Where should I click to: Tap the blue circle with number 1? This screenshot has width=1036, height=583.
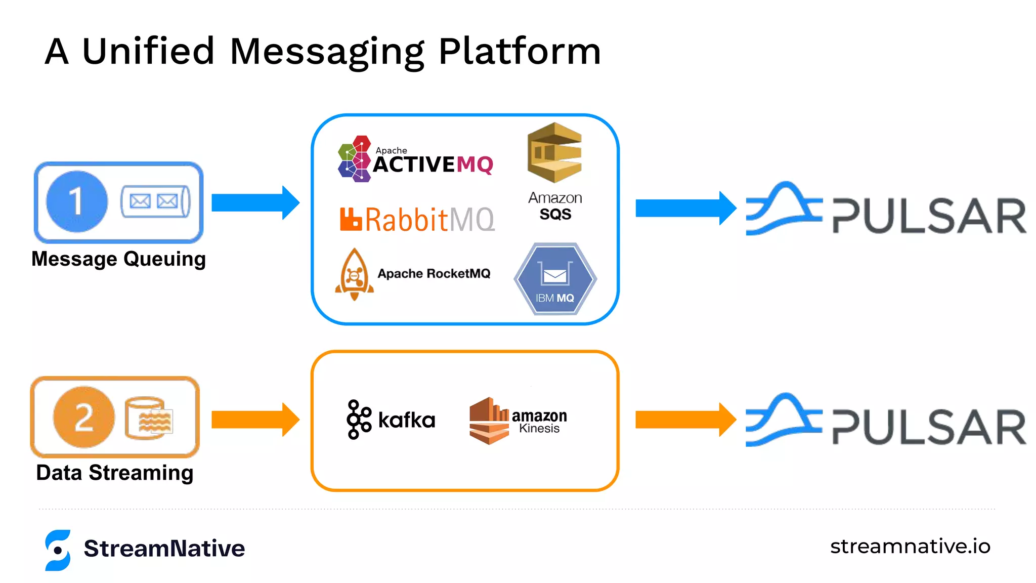click(77, 201)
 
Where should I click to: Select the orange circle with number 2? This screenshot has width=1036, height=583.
click(84, 417)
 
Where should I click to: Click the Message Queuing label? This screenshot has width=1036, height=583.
click(118, 259)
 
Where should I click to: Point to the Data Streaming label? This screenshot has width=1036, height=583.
click(115, 473)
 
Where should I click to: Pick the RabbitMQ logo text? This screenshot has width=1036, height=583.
click(418, 220)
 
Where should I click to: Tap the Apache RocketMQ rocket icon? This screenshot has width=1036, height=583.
click(354, 274)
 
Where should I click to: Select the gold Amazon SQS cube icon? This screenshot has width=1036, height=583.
click(554, 152)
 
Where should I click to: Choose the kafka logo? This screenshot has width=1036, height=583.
click(391, 420)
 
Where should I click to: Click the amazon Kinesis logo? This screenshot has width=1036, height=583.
click(518, 421)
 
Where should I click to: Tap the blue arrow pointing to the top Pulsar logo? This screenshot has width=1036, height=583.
click(685, 208)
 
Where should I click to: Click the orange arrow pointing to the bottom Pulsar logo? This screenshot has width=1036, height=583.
click(685, 420)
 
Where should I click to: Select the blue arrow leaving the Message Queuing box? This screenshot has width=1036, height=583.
click(255, 202)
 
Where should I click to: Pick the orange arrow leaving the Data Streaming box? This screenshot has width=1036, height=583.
click(255, 420)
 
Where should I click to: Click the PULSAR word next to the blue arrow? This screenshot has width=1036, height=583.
click(929, 216)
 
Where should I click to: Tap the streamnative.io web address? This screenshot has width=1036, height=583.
click(910, 546)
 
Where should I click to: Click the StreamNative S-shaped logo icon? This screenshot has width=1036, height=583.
click(58, 550)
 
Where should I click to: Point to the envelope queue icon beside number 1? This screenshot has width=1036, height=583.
click(155, 201)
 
